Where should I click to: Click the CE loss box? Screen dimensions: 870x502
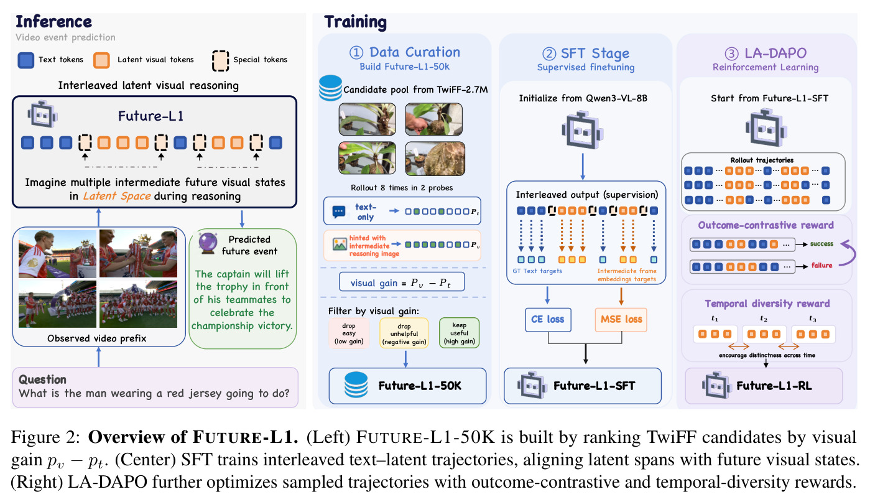[548, 319]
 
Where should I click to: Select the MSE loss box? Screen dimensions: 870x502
[621, 319]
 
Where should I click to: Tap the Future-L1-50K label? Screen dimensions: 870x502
[420, 386]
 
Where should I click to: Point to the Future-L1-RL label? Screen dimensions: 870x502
[774, 386]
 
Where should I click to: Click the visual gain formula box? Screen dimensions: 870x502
[402, 282]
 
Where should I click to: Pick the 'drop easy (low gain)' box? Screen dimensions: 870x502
[349, 333]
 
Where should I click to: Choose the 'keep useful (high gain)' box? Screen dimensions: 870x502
[459, 333]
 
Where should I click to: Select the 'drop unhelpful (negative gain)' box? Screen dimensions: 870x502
[404, 333]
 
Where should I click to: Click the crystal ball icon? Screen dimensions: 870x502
[208, 243]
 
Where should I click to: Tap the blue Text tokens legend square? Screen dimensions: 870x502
[26, 60]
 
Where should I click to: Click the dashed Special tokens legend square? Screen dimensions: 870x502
[220, 60]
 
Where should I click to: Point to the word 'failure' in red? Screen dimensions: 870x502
[821, 266]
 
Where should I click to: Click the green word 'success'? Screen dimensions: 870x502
[821, 244]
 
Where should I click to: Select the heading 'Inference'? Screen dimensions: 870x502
[53, 22]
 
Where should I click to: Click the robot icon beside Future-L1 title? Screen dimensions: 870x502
[42, 114]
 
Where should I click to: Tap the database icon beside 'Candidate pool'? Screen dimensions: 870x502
[330, 88]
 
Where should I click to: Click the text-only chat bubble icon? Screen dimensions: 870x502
[338, 211]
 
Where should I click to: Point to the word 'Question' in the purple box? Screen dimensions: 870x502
[42, 379]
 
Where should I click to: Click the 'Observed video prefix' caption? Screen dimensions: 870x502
[97, 338]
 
